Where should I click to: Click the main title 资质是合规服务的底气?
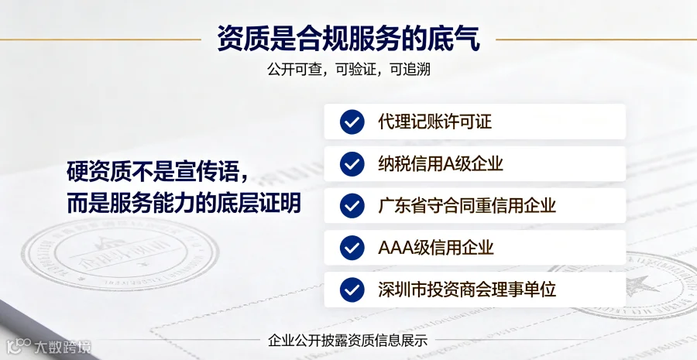pyautogui.click(x=348, y=39)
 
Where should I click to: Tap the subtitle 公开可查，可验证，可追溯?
pyautogui.click(x=348, y=70)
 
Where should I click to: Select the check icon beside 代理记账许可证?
pyautogui.click(x=352, y=122)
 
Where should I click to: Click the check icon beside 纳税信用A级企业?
pyautogui.click(x=352, y=164)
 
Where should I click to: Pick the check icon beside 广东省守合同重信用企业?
pyautogui.click(x=352, y=206)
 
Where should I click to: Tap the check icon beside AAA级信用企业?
pyautogui.click(x=352, y=248)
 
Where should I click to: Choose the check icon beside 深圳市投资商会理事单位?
pyautogui.click(x=352, y=290)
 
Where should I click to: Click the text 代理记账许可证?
pyautogui.click(x=435, y=122)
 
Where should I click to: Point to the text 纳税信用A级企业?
pyautogui.click(x=441, y=164)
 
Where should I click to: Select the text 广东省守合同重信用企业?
pyautogui.click(x=467, y=206)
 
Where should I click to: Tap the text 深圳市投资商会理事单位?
pyautogui.click(x=467, y=290)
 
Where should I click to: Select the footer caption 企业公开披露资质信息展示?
pyautogui.click(x=348, y=341)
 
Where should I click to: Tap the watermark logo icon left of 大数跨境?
pyautogui.click(x=19, y=345)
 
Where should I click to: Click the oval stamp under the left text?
pyautogui.click(x=120, y=254)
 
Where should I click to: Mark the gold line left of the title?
pyautogui.click(x=101, y=39)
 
